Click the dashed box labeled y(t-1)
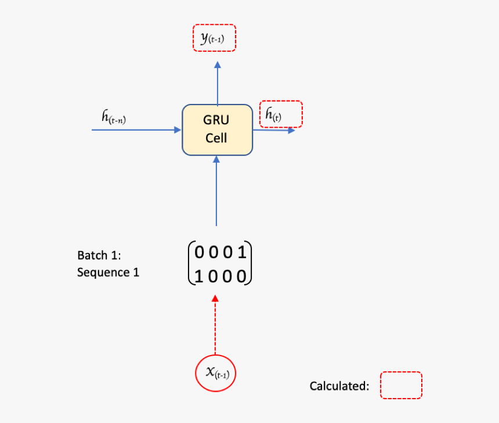[215, 38]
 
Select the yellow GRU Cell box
[217, 130]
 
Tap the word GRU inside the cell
[216, 120]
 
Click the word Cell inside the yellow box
[216, 138]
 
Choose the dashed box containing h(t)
[281, 114]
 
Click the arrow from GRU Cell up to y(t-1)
[217, 81]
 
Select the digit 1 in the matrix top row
[243, 253]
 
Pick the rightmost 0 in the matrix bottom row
[243, 276]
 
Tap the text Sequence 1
[108, 272]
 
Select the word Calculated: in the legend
[339, 386]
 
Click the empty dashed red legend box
[401, 385]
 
